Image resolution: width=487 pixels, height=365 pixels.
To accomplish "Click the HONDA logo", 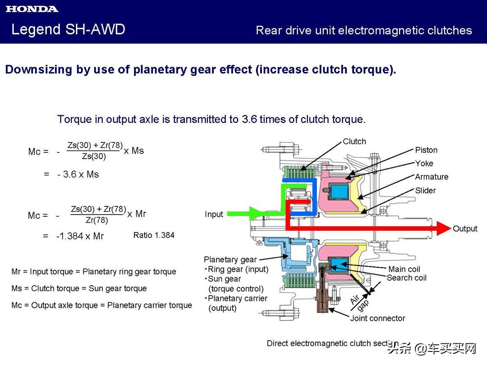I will click(32, 9).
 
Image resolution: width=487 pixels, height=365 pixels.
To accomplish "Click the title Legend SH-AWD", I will click(68, 30).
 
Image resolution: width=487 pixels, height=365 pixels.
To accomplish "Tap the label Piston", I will click(426, 150).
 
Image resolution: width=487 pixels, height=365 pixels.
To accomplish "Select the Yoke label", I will click(424, 164).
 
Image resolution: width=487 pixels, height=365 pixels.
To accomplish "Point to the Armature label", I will click(432, 177).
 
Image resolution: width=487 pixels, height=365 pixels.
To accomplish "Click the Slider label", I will click(425, 191).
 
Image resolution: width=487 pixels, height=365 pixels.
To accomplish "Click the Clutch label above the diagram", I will click(354, 141).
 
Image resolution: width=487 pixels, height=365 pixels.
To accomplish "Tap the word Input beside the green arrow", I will click(214, 214).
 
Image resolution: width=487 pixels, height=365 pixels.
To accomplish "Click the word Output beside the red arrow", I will click(465, 229).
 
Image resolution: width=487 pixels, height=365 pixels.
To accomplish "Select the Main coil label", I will click(404, 269).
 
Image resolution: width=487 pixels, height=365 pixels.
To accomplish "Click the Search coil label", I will click(406, 278).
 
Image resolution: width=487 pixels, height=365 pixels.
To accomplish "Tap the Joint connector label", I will click(377, 319).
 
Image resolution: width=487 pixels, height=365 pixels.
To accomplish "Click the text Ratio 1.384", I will click(154, 235).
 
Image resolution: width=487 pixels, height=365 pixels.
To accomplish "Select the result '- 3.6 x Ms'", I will click(78, 174).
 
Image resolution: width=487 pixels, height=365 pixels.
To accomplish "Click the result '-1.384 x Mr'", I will click(80, 236).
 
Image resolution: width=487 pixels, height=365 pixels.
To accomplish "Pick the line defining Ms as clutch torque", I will click(79, 288).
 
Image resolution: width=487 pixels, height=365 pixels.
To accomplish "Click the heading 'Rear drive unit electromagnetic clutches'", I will click(363, 31).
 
